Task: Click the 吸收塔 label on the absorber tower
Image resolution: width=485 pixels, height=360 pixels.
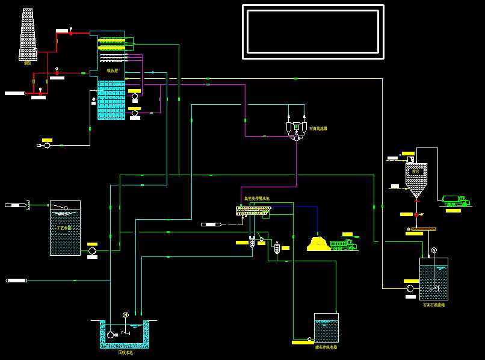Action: (x=113, y=70)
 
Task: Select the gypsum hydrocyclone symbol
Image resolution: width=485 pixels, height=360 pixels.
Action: (x=296, y=129)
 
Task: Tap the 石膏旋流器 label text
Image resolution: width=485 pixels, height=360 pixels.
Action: (x=318, y=128)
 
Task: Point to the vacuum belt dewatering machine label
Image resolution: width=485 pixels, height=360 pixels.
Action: (x=257, y=198)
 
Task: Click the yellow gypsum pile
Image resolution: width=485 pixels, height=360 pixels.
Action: (x=318, y=244)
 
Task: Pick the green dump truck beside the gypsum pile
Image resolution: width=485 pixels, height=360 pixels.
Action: (x=343, y=244)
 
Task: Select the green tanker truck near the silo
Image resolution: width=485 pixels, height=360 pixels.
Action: (x=456, y=200)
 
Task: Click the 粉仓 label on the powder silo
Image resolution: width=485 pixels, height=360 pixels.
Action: (x=416, y=171)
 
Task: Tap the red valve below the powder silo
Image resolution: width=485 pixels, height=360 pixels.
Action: (x=416, y=214)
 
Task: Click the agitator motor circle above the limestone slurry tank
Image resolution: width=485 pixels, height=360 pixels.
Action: (x=434, y=250)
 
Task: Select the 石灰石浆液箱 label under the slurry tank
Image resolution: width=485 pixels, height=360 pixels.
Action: (x=433, y=305)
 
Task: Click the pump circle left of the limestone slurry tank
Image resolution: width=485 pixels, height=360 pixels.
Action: (x=410, y=288)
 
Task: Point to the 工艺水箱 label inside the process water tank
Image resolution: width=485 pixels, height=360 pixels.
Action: (x=64, y=228)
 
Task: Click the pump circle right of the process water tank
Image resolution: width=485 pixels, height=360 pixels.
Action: (x=92, y=250)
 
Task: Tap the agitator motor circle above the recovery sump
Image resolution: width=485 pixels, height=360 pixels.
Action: (x=126, y=315)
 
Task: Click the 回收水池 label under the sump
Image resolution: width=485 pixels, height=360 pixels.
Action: (x=125, y=353)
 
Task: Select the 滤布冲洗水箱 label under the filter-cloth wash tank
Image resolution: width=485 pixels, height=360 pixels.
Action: (x=326, y=347)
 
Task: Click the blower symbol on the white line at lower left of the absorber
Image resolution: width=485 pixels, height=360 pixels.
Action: (x=47, y=145)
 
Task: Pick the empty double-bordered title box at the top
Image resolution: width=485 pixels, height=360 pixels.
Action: (x=313, y=32)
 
